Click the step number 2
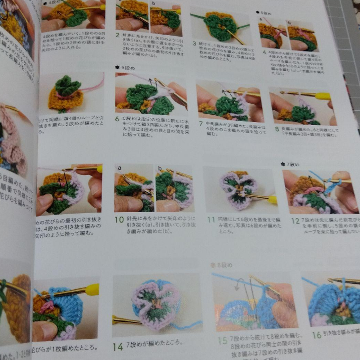(x=117, y=36)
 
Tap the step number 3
(x=195, y=44)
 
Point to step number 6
(x=118, y=119)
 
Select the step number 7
(x=201, y=123)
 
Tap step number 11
(x=211, y=219)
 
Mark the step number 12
(x=295, y=221)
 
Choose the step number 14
(x=117, y=347)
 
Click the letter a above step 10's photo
(x=119, y=168)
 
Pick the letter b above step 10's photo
(x=159, y=169)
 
